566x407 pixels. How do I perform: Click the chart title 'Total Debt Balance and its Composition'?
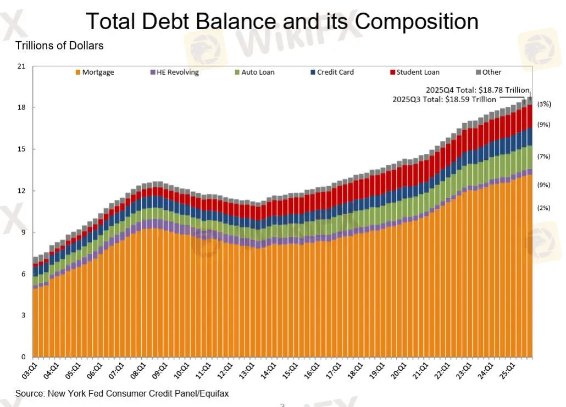282,21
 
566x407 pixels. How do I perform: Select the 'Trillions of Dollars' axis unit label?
59,46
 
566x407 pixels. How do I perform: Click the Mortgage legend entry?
95,72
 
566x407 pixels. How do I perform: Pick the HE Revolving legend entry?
174,72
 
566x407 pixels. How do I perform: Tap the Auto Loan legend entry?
254,72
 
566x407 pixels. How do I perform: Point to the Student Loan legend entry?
414,72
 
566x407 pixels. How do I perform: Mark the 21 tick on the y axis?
22,66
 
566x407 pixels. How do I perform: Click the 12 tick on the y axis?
22,191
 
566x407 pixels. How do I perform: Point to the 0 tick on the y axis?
24,356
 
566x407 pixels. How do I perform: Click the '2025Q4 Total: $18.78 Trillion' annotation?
477,90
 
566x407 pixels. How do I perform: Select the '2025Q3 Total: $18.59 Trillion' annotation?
444,99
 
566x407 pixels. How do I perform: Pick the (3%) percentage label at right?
543,104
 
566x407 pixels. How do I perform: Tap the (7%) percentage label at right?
543,157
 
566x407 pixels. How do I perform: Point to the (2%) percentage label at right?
543,208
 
